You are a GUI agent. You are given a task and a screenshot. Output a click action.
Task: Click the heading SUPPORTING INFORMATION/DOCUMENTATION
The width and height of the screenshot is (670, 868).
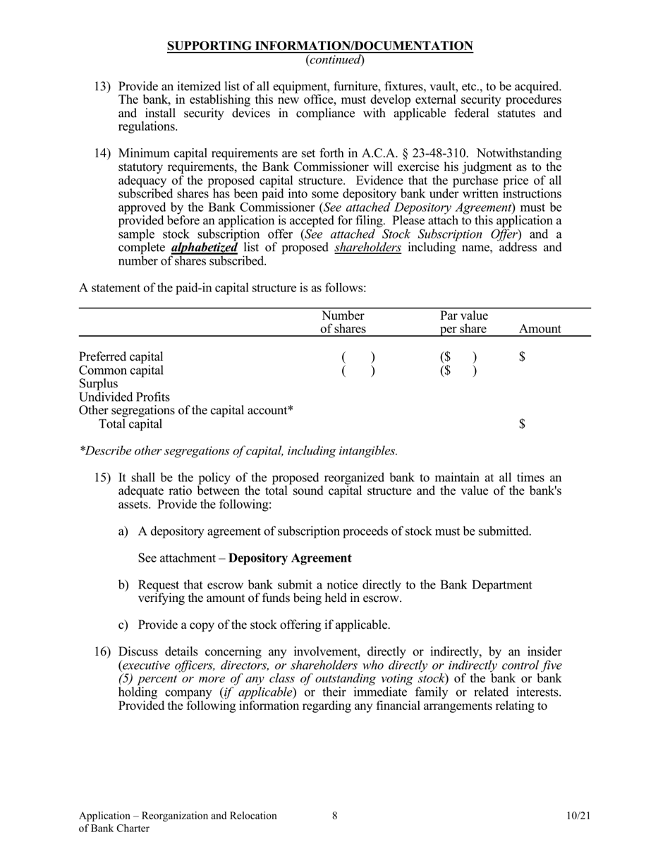[x=319, y=47]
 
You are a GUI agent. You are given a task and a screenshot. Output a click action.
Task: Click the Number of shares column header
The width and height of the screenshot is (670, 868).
[x=343, y=322]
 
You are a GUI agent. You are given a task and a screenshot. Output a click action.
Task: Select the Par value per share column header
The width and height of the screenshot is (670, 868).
[x=463, y=322]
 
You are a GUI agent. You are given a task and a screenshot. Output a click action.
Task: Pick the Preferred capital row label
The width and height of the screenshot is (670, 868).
[x=121, y=356]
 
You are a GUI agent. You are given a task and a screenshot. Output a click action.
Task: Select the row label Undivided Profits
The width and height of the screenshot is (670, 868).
[x=124, y=397]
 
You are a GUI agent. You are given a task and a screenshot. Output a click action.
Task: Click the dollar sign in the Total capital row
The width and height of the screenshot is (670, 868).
[x=522, y=424]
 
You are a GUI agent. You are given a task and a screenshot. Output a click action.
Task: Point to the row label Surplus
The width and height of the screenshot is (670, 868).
[x=99, y=384]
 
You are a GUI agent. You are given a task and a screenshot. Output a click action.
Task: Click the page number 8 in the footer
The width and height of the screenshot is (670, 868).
[x=334, y=816]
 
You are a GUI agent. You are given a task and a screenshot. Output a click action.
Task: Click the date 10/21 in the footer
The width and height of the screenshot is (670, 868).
[x=578, y=816]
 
